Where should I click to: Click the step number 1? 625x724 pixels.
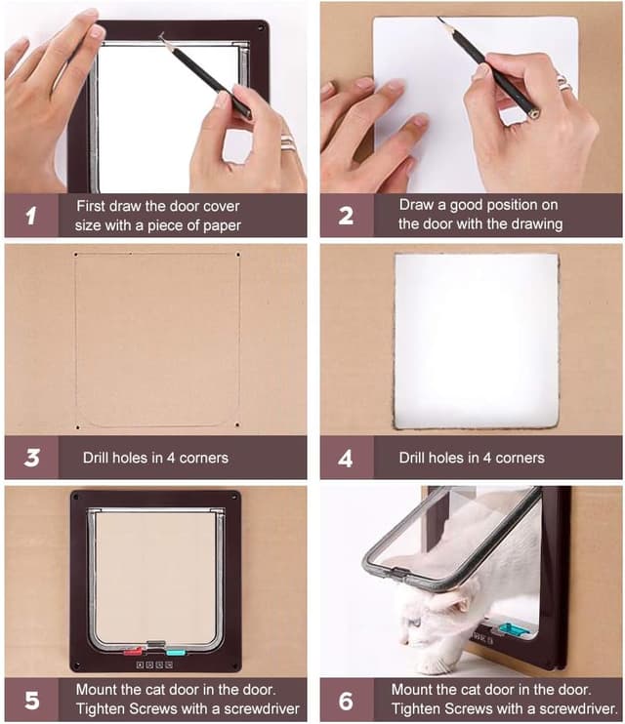point(31,216)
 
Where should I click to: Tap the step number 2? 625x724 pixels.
point(346,216)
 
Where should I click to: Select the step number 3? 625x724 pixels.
point(32,458)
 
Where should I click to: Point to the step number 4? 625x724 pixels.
point(346,458)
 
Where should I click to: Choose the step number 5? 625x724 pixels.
point(32,700)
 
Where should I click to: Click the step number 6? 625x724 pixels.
point(346,701)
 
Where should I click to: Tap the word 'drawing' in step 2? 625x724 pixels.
point(537,224)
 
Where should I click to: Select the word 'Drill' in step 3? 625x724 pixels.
point(96,458)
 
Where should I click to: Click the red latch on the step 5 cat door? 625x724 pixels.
point(133,652)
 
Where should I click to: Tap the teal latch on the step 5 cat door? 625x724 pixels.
point(176,652)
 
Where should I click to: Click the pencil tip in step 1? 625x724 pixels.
point(161,35)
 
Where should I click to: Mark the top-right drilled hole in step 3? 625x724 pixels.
point(238,255)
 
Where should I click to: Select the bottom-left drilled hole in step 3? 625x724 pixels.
point(78,427)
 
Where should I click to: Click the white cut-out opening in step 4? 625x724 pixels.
point(477,341)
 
